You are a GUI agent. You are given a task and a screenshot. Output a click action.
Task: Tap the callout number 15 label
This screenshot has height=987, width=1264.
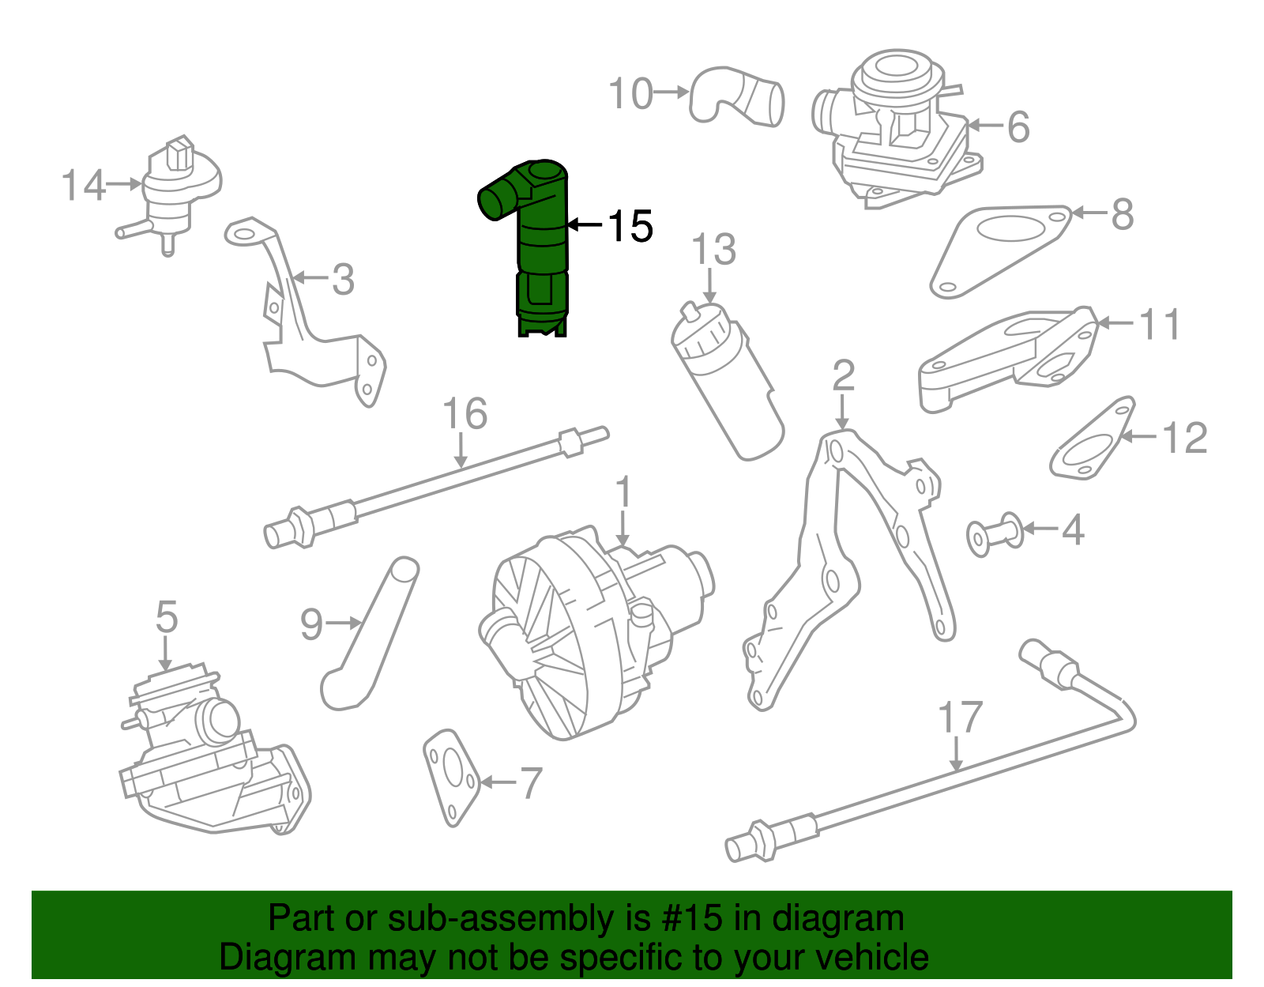[x=630, y=227]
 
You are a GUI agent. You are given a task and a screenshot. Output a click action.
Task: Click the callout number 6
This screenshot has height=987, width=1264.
[x=1018, y=127]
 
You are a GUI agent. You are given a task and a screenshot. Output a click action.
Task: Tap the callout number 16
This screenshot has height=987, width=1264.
[x=465, y=414]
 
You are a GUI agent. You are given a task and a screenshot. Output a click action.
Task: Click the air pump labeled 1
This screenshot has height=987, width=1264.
[x=592, y=632]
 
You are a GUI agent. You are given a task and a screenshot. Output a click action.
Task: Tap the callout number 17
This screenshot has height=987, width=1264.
[x=960, y=718]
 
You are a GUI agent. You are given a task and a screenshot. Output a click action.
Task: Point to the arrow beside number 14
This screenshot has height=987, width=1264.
[x=124, y=184]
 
